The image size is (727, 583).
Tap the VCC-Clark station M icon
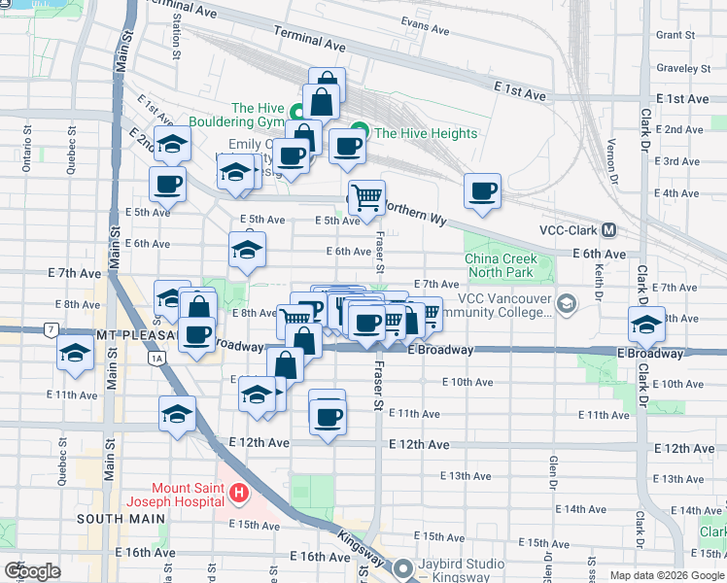point(609,230)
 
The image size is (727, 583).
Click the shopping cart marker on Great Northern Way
point(366,196)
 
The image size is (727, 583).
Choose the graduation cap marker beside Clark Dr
point(645,324)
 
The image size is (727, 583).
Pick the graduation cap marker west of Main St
point(75,355)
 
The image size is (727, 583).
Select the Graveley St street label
point(683,69)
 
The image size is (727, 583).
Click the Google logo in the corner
point(32,570)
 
